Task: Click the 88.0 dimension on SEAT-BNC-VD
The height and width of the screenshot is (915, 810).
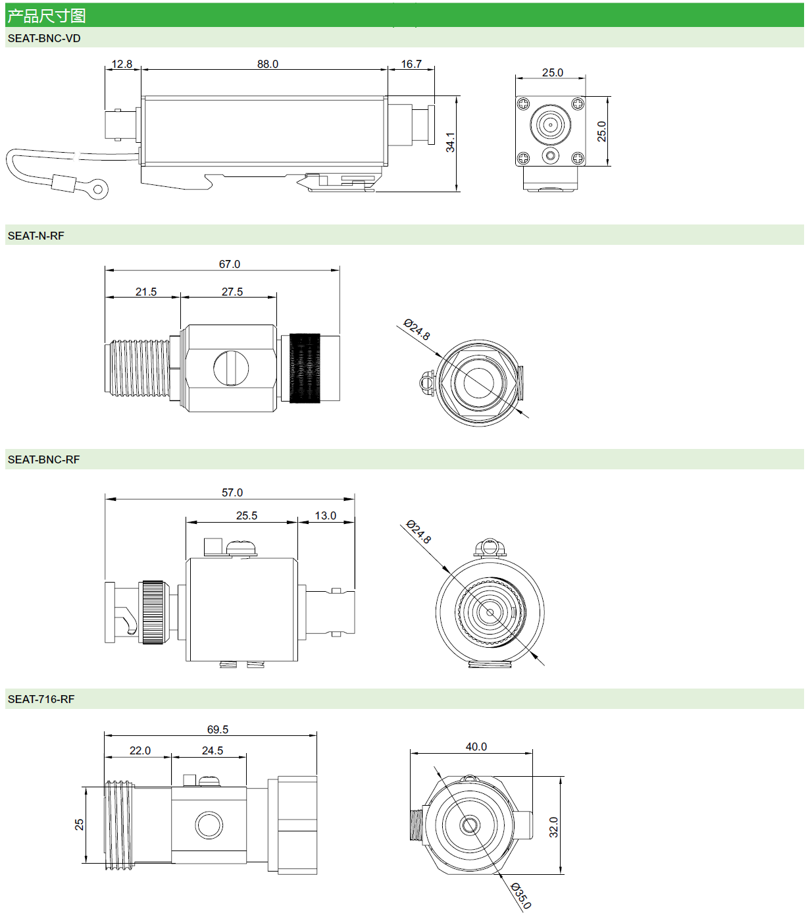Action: pyautogui.click(x=268, y=64)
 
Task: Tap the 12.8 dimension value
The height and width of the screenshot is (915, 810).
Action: pyautogui.click(x=122, y=64)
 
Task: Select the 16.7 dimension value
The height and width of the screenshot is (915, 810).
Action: pyautogui.click(x=411, y=64)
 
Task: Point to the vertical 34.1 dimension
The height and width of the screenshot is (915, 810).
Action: pyautogui.click(x=451, y=142)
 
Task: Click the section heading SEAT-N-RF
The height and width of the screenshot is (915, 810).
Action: pyautogui.click(x=36, y=236)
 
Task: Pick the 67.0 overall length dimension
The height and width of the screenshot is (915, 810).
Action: pyautogui.click(x=230, y=264)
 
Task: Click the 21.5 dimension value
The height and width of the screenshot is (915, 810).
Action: pyautogui.click(x=146, y=292)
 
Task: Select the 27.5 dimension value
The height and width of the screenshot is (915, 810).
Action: pyautogui.click(x=232, y=292)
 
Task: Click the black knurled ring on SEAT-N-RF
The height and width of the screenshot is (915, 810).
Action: pyautogui.click(x=305, y=368)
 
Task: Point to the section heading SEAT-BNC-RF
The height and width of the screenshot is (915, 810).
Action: pyautogui.click(x=43, y=459)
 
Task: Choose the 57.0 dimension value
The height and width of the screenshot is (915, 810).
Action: pyautogui.click(x=232, y=492)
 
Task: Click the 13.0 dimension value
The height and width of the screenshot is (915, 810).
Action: pyautogui.click(x=326, y=515)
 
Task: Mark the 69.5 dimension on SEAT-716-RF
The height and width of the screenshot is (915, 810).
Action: pyautogui.click(x=218, y=729)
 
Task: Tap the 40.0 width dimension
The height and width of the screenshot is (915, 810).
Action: pyautogui.click(x=476, y=746)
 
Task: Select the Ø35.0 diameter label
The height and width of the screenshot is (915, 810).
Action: pyautogui.click(x=521, y=896)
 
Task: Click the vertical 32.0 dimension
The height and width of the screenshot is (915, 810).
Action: pyautogui.click(x=553, y=827)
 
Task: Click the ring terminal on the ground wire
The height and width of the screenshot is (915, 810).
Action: pyautogui.click(x=98, y=190)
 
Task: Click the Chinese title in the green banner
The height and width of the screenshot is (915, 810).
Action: pyautogui.click(x=47, y=15)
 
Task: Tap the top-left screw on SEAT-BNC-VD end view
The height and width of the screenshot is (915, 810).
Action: pyautogui.click(x=524, y=103)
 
